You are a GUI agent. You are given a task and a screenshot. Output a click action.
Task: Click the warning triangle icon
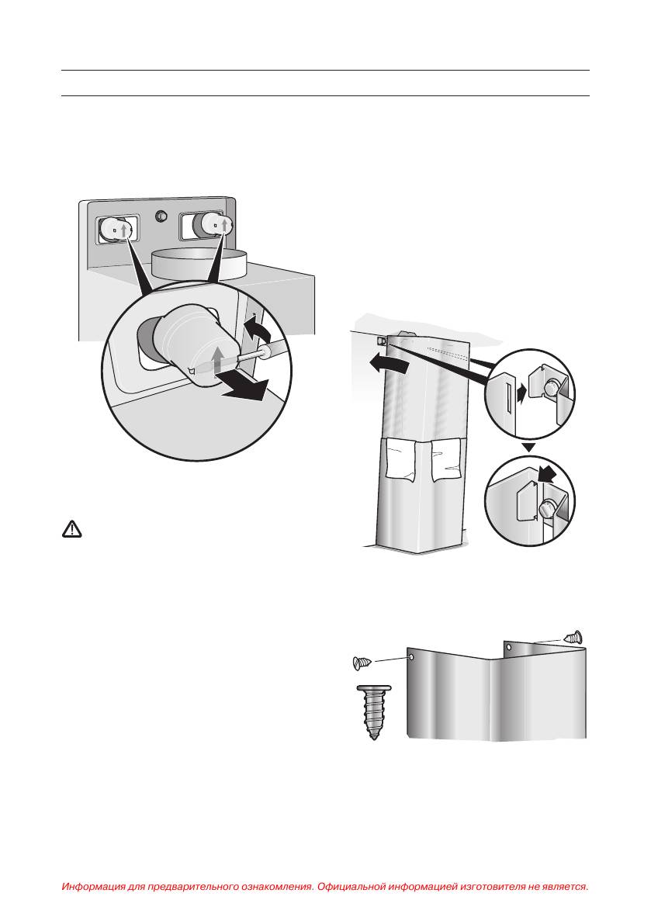72,529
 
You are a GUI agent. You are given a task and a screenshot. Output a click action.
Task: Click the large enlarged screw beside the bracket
373,711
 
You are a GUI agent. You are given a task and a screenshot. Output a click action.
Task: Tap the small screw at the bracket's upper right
573,637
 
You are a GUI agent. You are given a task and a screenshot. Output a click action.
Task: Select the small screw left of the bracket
362,663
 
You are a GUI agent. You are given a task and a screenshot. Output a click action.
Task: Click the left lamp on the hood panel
116,229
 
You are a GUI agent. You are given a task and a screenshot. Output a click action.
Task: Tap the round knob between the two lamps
160,217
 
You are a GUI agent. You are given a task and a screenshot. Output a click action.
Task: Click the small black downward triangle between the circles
529,448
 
